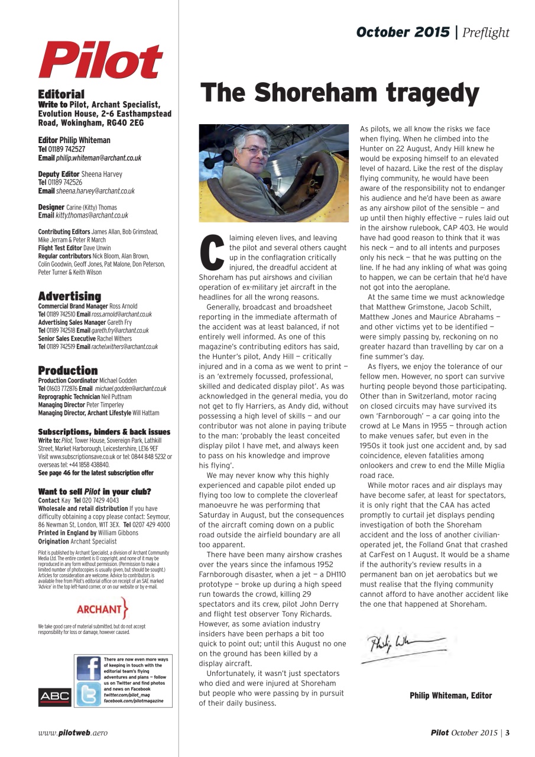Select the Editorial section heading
click(x=61, y=94)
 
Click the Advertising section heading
click(x=69, y=296)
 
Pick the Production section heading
click(x=67, y=370)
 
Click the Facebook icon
click(x=88, y=668)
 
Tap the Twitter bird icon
click(x=88, y=694)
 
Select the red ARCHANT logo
click(x=102, y=608)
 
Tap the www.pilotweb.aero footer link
click(x=73, y=733)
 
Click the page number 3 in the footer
click(x=507, y=733)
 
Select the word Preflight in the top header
click(x=486, y=33)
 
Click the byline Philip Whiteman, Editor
click(x=450, y=695)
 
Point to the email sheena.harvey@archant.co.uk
click(x=95, y=191)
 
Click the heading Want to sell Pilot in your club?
click(x=94, y=491)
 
